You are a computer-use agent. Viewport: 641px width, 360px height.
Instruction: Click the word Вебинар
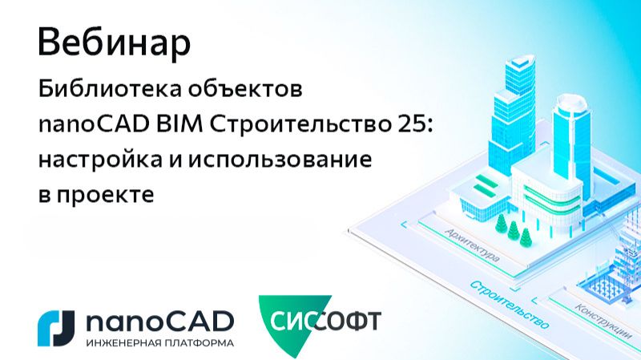click(114, 43)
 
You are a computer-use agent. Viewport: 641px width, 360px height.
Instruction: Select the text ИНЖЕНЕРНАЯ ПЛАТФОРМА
click(159, 342)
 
